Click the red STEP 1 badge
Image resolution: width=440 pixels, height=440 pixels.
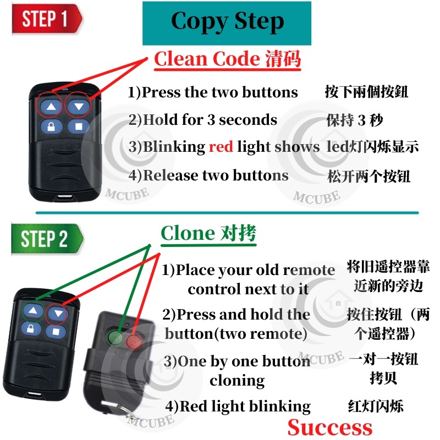47,19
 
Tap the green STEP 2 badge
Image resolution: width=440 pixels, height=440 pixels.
47,239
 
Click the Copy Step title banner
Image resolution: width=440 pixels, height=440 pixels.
227,23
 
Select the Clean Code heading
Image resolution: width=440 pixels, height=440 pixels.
227,59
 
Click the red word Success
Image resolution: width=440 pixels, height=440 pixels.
329,427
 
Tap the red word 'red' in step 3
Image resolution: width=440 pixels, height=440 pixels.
221,146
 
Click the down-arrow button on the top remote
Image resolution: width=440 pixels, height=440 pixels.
79,106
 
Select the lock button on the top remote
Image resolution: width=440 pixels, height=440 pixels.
51,127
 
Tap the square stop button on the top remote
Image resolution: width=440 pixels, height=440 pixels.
79,127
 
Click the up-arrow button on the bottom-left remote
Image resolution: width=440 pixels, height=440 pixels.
34,311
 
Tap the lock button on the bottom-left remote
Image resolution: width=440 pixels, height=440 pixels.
31,328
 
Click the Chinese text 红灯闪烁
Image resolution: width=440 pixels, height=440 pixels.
376,406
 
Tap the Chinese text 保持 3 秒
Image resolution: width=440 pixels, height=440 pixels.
354,120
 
